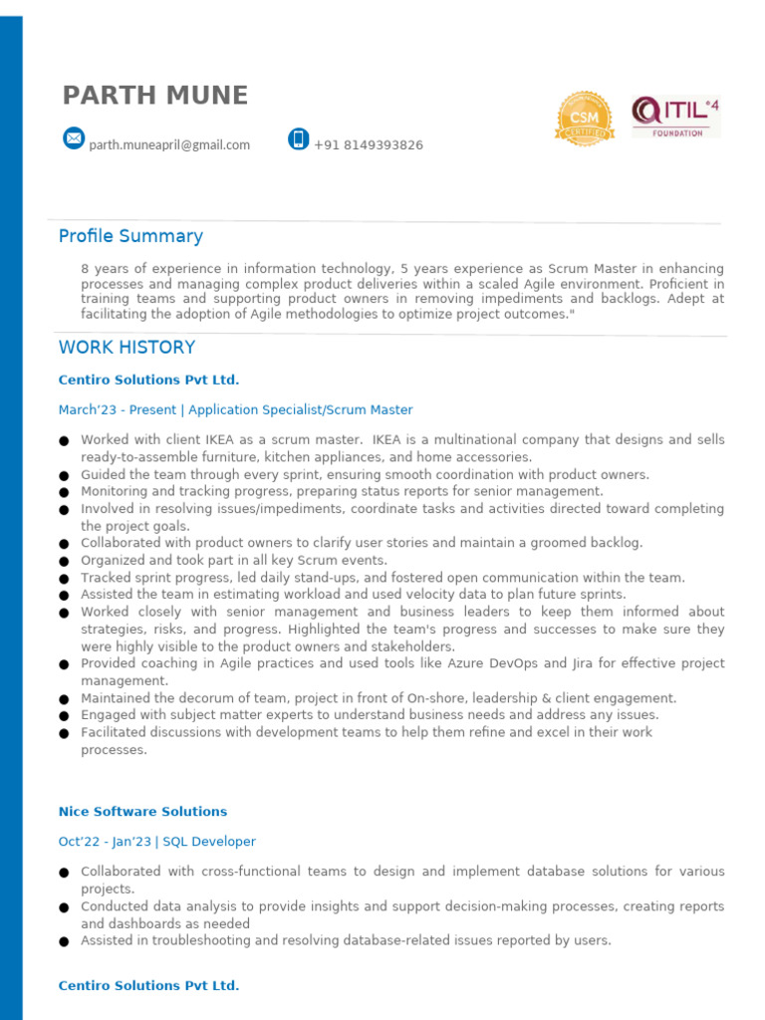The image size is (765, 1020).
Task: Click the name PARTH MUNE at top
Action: (x=154, y=96)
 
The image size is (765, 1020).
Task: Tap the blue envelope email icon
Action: (x=74, y=138)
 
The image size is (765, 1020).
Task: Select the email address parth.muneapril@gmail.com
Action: (x=169, y=145)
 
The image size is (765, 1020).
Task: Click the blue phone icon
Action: (x=298, y=138)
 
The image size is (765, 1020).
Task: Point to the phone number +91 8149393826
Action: (x=368, y=145)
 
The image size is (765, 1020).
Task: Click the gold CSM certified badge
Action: (x=584, y=119)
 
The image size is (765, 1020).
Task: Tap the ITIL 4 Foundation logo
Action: (x=675, y=117)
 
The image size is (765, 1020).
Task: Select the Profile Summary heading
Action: (x=130, y=236)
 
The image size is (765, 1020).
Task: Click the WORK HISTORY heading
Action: (x=127, y=348)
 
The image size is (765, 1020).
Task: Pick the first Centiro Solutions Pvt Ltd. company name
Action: (x=148, y=381)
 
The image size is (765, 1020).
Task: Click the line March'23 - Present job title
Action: (x=235, y=410)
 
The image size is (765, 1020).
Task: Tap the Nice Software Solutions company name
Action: (x=142, y=812)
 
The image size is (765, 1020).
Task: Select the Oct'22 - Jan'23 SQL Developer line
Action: (x=156, y=842)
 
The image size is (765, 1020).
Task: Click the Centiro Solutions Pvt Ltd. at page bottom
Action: (x=148, y=986)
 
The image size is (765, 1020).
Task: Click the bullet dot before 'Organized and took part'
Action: (x=64, y=562)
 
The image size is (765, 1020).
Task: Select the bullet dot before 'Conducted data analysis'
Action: (x=64, y=908)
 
